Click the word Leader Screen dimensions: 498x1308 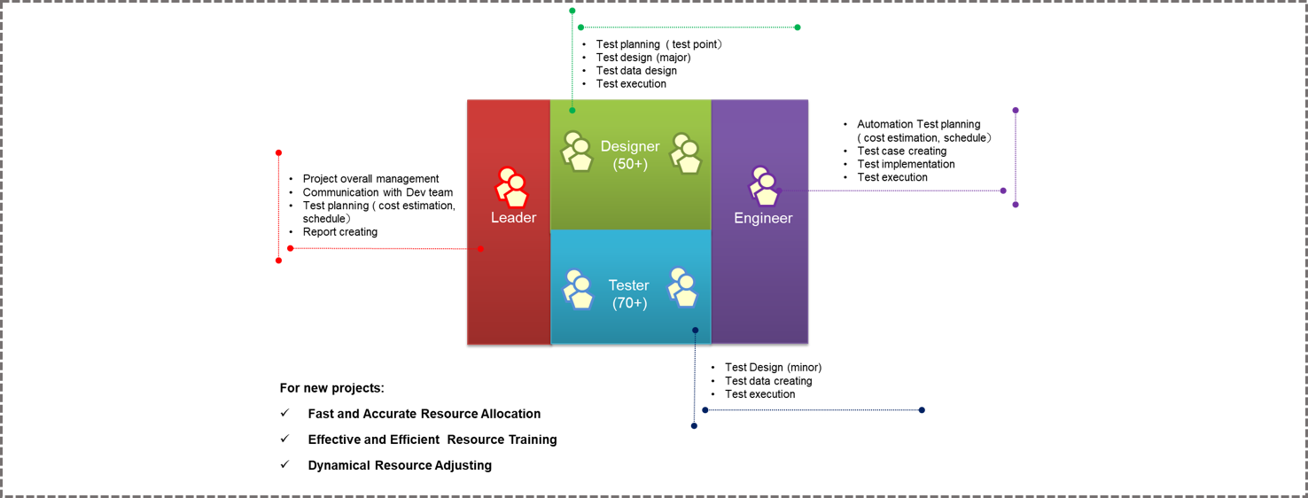point(513,218)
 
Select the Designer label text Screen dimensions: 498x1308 point(630,146)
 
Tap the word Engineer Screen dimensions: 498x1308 point(763,218)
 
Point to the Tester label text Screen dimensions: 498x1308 point(628,285)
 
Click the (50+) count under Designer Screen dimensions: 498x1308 point(630,164)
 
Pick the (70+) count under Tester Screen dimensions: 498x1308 point(629,303)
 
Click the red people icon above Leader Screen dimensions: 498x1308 point(511,186)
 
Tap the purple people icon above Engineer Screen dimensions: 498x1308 point(764,185)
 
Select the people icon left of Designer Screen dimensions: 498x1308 point(577,151)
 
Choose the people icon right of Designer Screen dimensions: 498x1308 point(685,152)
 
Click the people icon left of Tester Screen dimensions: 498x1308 point(579,288)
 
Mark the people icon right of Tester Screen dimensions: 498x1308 point(682,287)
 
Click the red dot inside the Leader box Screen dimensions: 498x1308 point(480,249)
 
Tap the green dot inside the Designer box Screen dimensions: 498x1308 point(572,111)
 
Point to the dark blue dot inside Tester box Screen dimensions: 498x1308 point(696,331)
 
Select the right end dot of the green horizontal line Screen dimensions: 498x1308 point(798,27)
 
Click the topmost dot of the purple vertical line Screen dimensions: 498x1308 point(1016,111)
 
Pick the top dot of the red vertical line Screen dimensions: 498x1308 point(278,152)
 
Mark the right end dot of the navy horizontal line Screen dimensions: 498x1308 point(922,410)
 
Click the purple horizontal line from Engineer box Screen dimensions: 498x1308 point(904,191)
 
